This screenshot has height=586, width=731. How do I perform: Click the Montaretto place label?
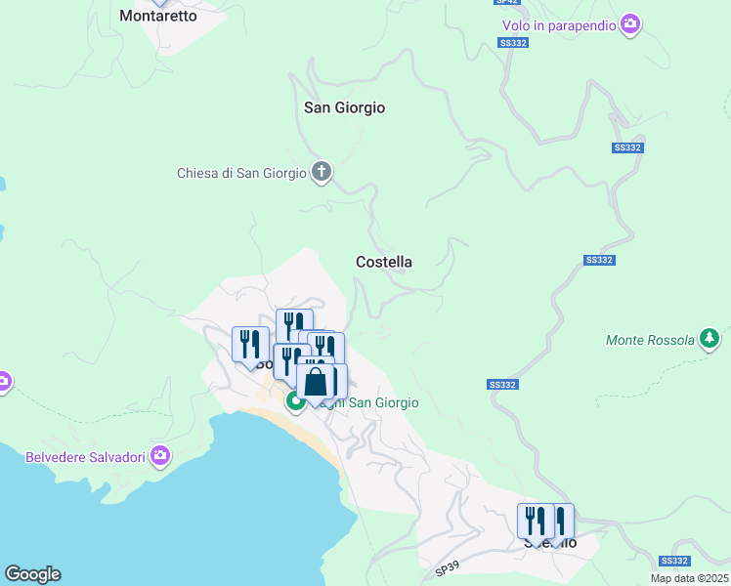coord(158,16)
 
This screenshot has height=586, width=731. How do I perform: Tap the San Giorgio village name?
coord(345,107)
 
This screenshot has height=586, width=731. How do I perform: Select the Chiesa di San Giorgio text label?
coord(241,174)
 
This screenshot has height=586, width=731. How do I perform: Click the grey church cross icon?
coord(322,174)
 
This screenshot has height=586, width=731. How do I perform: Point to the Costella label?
coord(384,262)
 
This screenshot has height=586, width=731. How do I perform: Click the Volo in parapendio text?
coord(559,25)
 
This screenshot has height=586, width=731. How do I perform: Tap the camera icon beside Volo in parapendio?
coord(631,23)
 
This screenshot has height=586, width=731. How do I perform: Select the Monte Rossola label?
coord(650,341)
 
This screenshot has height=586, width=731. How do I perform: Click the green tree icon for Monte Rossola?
coord(710,340)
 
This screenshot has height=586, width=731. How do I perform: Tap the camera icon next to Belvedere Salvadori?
coord(161,456)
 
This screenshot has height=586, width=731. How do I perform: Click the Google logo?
coord(32,574)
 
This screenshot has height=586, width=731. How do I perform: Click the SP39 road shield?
coord(446,567)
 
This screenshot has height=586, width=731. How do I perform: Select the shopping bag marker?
coord(316,382)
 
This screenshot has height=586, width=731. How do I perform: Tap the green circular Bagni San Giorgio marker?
coord(294,401)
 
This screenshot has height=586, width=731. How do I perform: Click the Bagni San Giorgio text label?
coord(376,402)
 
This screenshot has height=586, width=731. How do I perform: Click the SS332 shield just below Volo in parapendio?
coord(512,43)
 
